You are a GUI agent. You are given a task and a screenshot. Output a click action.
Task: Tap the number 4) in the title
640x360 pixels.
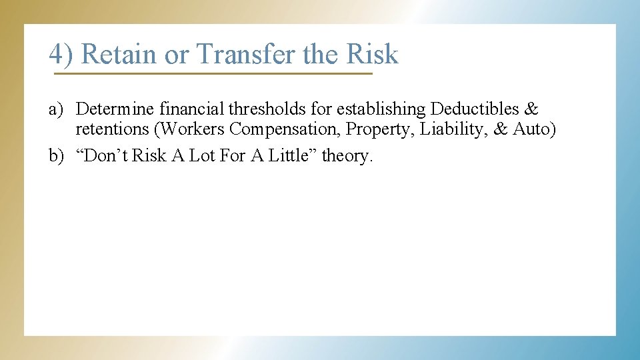coord(61,54)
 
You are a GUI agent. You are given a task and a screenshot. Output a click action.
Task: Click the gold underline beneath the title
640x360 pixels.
coord(211,73)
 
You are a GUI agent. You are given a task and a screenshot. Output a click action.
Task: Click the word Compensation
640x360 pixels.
coord(285,129)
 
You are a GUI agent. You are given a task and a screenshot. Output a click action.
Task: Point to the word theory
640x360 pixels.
coord(346,156)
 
